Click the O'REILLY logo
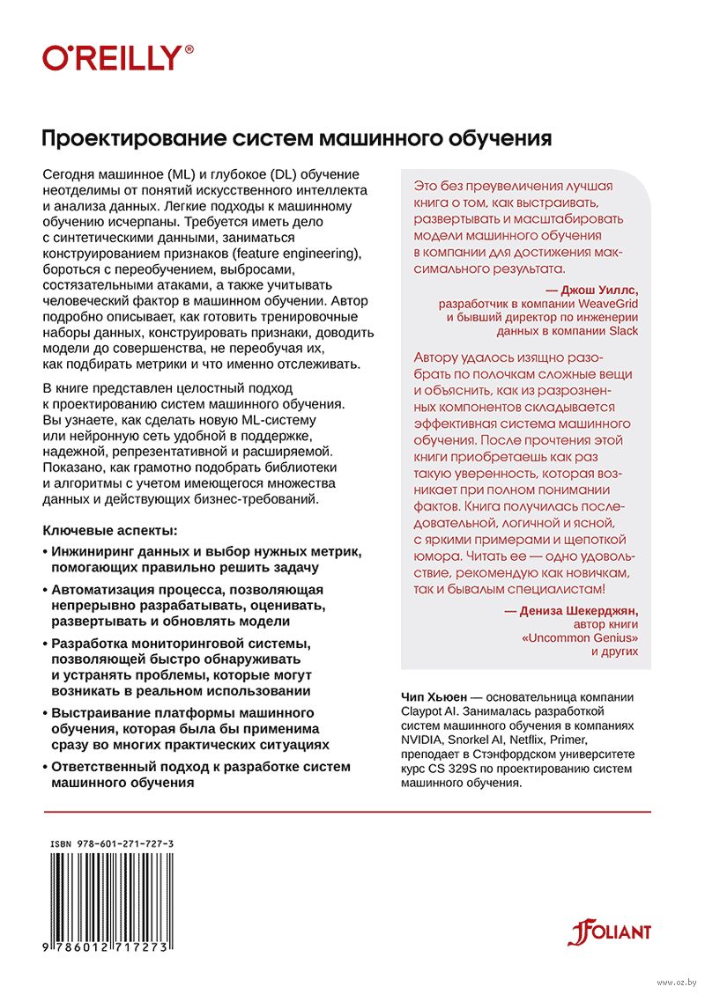[x=118, y=59]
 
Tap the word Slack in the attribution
[x=620, y=331]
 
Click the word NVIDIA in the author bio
[x=427, y=740]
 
